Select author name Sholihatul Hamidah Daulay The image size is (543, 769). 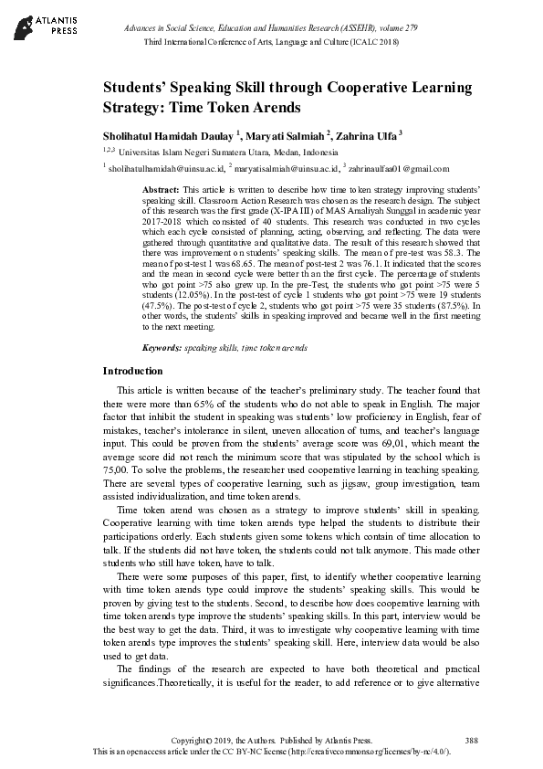(168, 134)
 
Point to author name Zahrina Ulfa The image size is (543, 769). (369, 134)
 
